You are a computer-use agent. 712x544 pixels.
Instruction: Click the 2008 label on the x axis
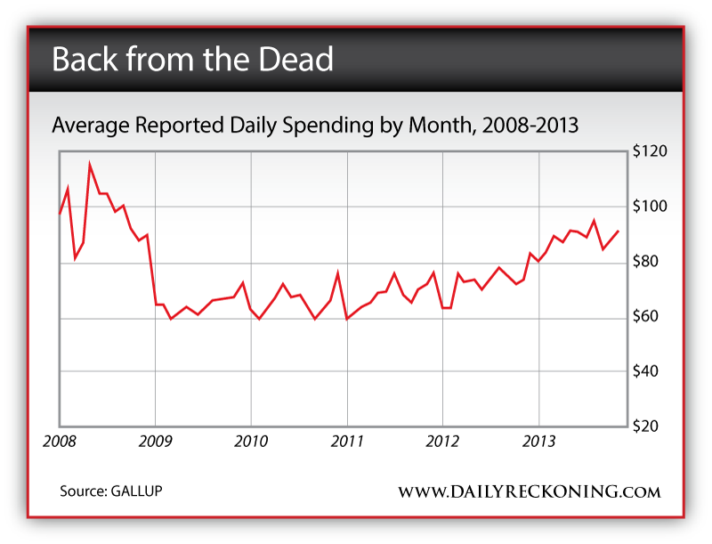59,442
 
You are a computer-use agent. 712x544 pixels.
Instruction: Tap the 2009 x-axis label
155,442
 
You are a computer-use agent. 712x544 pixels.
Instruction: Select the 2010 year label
251,442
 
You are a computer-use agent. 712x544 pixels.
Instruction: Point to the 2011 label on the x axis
347,442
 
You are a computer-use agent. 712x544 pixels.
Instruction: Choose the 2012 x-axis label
443,442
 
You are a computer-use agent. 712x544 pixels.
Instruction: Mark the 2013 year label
538,442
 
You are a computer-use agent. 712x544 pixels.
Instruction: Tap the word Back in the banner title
85,60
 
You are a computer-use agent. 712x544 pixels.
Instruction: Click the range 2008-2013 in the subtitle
530,126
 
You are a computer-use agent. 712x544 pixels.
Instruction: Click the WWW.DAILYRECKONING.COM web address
529,491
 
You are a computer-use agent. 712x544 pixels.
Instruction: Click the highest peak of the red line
90,163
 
